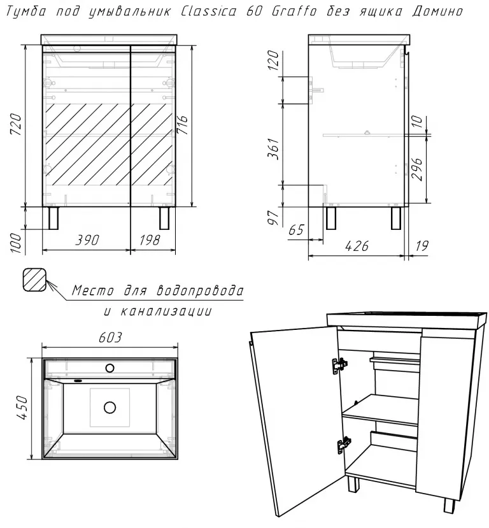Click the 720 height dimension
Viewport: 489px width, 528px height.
pos(16,125)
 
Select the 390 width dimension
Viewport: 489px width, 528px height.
pos(87,240)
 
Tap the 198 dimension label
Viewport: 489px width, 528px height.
pos(150,240)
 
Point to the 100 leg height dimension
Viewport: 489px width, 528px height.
pos(16,243)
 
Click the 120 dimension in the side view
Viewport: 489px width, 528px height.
pos(273,61)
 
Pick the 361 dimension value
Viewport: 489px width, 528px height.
pos(273,148)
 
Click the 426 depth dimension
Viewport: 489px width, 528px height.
pos(357,246)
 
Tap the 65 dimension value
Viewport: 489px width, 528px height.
pos(296,230)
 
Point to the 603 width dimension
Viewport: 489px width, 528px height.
pos(110,337)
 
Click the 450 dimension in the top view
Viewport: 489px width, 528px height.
pos(22,408)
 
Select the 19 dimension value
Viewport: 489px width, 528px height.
pos(422,246)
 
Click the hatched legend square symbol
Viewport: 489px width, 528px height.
pos(34,280)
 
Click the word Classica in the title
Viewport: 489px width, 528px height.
pos(209,11)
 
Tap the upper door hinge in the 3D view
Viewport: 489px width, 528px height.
pos(339,366)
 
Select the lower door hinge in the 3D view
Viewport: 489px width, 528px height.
pos(344,445)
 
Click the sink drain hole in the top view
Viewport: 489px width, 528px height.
pos(110,408)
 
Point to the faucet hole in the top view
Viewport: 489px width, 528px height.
pos(110,368)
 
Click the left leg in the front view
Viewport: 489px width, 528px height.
pos(53,218)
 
